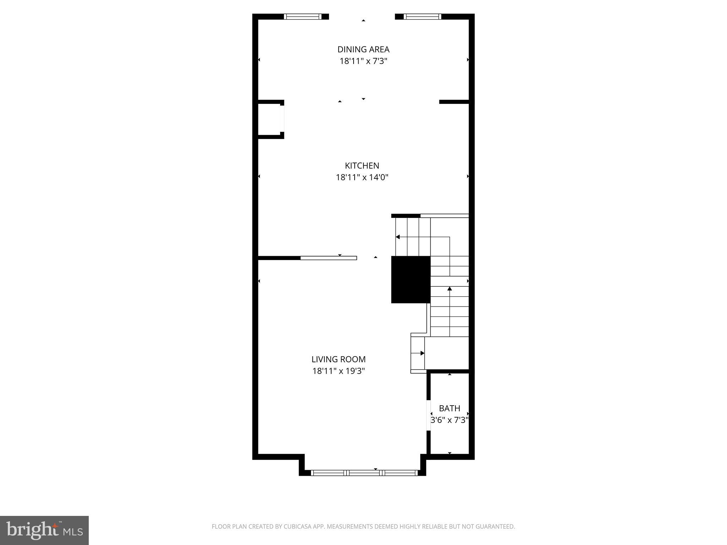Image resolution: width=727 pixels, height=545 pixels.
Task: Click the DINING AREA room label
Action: coord(363,49)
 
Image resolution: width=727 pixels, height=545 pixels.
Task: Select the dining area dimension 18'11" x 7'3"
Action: coord(363,61)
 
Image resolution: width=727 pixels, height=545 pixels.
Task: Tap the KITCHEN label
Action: coord(362,166)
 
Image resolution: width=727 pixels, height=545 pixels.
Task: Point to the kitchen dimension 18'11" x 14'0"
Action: coord(362,177)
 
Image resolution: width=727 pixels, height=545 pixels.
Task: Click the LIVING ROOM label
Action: coord(339,359)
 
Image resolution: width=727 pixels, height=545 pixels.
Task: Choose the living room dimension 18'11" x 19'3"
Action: coord(339,371)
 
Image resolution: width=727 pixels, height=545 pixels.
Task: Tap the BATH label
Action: coord(449,408)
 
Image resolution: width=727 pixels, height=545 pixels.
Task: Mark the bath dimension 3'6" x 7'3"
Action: coord(449,420)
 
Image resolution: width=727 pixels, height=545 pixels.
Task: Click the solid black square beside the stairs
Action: coord(411,280)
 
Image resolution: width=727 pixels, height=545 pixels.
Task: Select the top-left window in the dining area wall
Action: coord(303,16)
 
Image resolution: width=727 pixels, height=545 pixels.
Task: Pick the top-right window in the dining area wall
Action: coord(422,16)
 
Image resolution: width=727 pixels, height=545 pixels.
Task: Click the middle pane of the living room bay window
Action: coord(365,473)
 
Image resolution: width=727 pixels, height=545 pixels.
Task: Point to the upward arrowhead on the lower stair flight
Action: coord(450,289)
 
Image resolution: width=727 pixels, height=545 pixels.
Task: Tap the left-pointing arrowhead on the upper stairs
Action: coord(398,237)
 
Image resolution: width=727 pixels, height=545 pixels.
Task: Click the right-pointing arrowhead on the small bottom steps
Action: coord(422,353)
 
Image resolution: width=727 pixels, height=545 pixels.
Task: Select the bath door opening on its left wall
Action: coord(428,415)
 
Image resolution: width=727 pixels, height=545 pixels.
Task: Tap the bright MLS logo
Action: coord(44,530)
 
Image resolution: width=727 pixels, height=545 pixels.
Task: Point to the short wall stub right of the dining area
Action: coord(454,102)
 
